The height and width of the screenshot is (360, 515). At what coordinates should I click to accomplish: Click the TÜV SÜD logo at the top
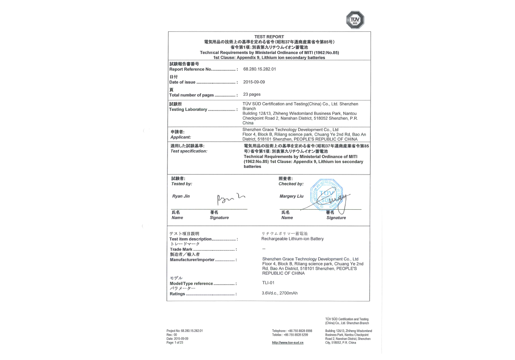355,20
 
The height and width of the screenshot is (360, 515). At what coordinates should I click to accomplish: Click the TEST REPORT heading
269,37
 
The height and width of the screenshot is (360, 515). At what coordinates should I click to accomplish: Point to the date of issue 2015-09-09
254,82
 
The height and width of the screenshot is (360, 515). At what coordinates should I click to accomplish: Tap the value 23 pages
252,95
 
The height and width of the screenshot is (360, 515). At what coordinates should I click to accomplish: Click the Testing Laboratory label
188,110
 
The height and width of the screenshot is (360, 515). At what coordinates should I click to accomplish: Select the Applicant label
180,137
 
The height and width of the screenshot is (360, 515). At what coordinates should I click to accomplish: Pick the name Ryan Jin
181,196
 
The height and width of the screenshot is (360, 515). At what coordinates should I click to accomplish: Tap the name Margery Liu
291,196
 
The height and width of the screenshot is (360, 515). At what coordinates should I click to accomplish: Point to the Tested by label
182,184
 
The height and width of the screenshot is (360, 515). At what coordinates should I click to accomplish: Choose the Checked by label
291,184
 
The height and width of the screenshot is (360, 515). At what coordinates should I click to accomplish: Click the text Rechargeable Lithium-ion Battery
292,239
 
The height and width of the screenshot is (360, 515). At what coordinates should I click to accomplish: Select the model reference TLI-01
268,283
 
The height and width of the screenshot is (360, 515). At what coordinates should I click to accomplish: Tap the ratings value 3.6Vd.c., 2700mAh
279,293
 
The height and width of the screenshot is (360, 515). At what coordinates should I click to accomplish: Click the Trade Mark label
181,249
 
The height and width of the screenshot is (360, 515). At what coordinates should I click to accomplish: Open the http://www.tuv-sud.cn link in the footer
288,343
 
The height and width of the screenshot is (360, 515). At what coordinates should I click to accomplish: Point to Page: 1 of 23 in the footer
175,343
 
